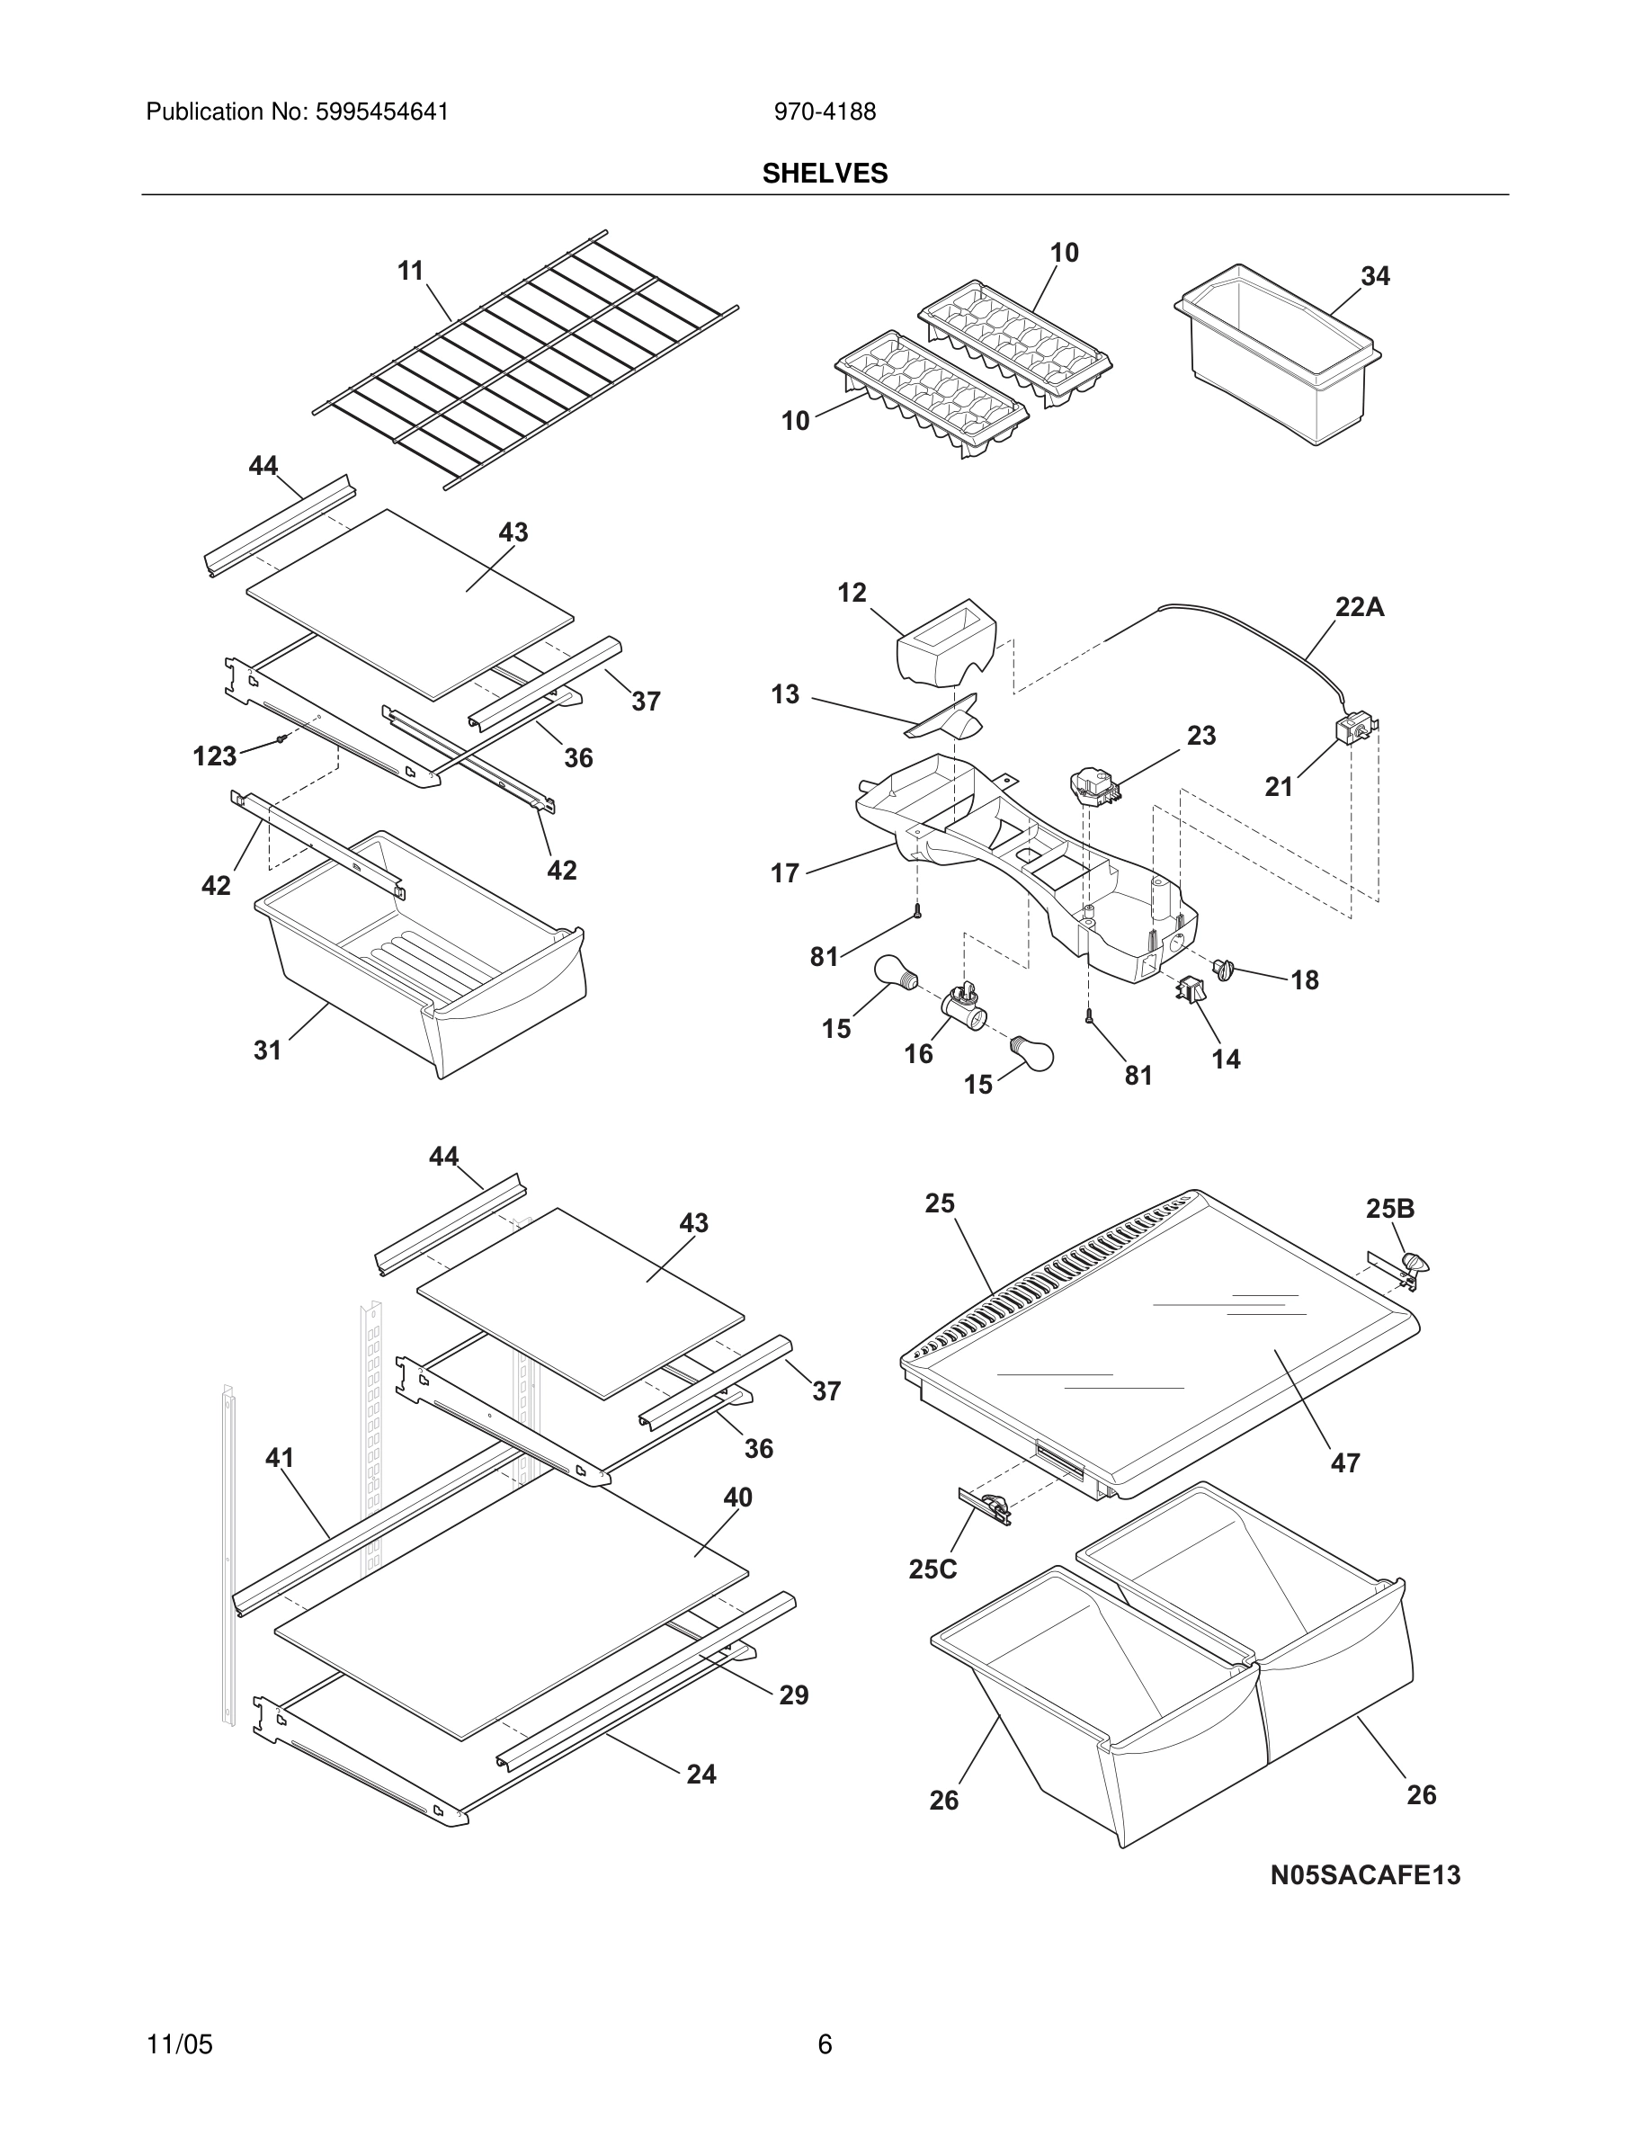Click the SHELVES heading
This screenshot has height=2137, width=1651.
coord(825,174)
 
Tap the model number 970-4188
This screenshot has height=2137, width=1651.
coord(825,112)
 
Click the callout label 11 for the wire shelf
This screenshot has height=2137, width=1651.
coord(411,271)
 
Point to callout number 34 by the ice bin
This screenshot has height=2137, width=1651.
coord(1375,277)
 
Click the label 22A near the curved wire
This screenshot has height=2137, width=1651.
coord(1360,608)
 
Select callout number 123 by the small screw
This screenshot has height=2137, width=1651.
coord(214,756)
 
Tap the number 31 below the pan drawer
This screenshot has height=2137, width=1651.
coord(267,1051)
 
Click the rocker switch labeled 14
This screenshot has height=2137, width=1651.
coord(1191,991)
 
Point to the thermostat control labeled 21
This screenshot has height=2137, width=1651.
coord(1353,731)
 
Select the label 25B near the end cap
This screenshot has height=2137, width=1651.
coord(1390,1210)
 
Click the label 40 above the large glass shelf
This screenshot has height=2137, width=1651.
coord(737,1498)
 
